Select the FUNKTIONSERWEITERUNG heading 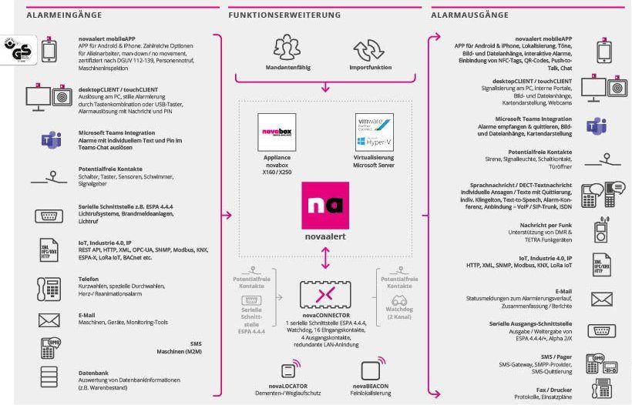[275, 15]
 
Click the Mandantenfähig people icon [287, 51]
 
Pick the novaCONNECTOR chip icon [325, 295]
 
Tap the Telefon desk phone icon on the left [48, 288]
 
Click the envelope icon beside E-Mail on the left [48, 320]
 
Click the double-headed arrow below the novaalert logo [324, 258]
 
